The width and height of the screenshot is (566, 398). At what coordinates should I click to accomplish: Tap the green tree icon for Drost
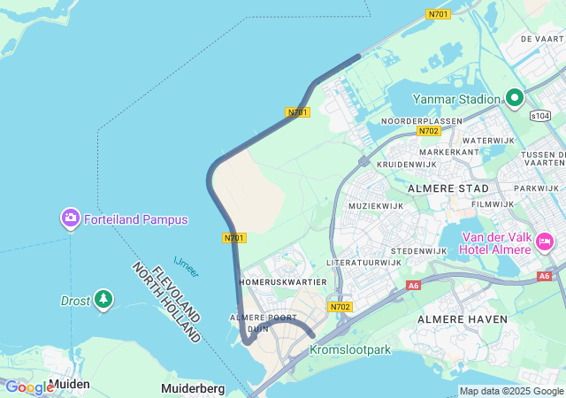coord(104,301)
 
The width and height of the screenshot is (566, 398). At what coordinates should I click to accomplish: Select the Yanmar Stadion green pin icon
coord(515,98)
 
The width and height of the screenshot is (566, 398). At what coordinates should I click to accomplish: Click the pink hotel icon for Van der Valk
coord(545,241)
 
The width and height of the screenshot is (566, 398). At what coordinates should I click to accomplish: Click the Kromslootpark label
coord(349,350)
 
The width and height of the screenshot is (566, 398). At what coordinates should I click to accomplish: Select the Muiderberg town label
coord(193,388)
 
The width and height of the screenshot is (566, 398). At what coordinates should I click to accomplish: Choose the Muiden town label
coord(69,385)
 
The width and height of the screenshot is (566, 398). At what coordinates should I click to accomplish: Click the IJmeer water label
coord(187,264)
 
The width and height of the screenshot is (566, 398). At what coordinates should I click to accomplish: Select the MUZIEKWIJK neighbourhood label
coord(376,206)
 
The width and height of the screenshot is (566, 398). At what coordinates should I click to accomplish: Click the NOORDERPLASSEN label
coord(421,121)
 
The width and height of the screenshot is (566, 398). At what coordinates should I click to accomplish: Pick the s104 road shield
coord(540,116)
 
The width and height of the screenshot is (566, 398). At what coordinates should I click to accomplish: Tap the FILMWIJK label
coord(492,204)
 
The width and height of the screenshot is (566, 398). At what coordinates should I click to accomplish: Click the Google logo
coord(28,387)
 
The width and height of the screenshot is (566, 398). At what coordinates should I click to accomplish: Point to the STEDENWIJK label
coord(418,251)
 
